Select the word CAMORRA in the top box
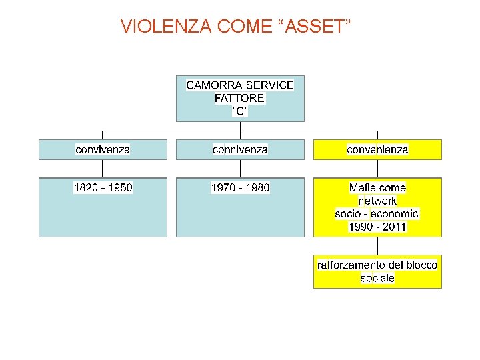click(x=213, y=85)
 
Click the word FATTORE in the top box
click(x=239, y=99)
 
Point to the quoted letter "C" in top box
click(x=239, y=111)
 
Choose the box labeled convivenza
click(x=103, y=149)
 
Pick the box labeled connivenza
click(x=240, y=149)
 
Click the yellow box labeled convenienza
click(x=377, y=149)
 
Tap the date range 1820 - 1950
click(x=103, y=188)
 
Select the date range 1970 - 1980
click(x=240, y=188)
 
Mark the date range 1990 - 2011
click(x=377, y=227)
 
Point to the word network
click(x=377, y=201)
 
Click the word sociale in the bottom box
click(x=377, y=278)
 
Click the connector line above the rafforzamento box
click(x=377, y=245)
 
